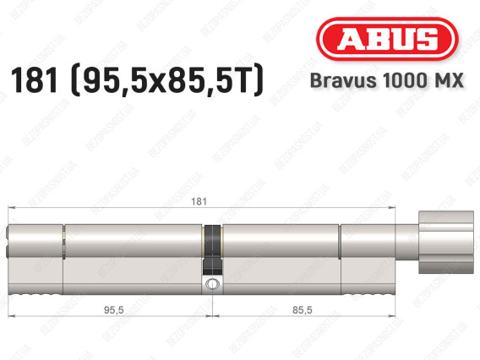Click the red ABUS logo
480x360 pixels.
387,39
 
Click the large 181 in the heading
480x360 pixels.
35,80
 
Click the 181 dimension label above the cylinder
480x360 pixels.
199,201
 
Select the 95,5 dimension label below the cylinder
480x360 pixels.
113,310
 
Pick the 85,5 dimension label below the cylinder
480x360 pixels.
303,310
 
